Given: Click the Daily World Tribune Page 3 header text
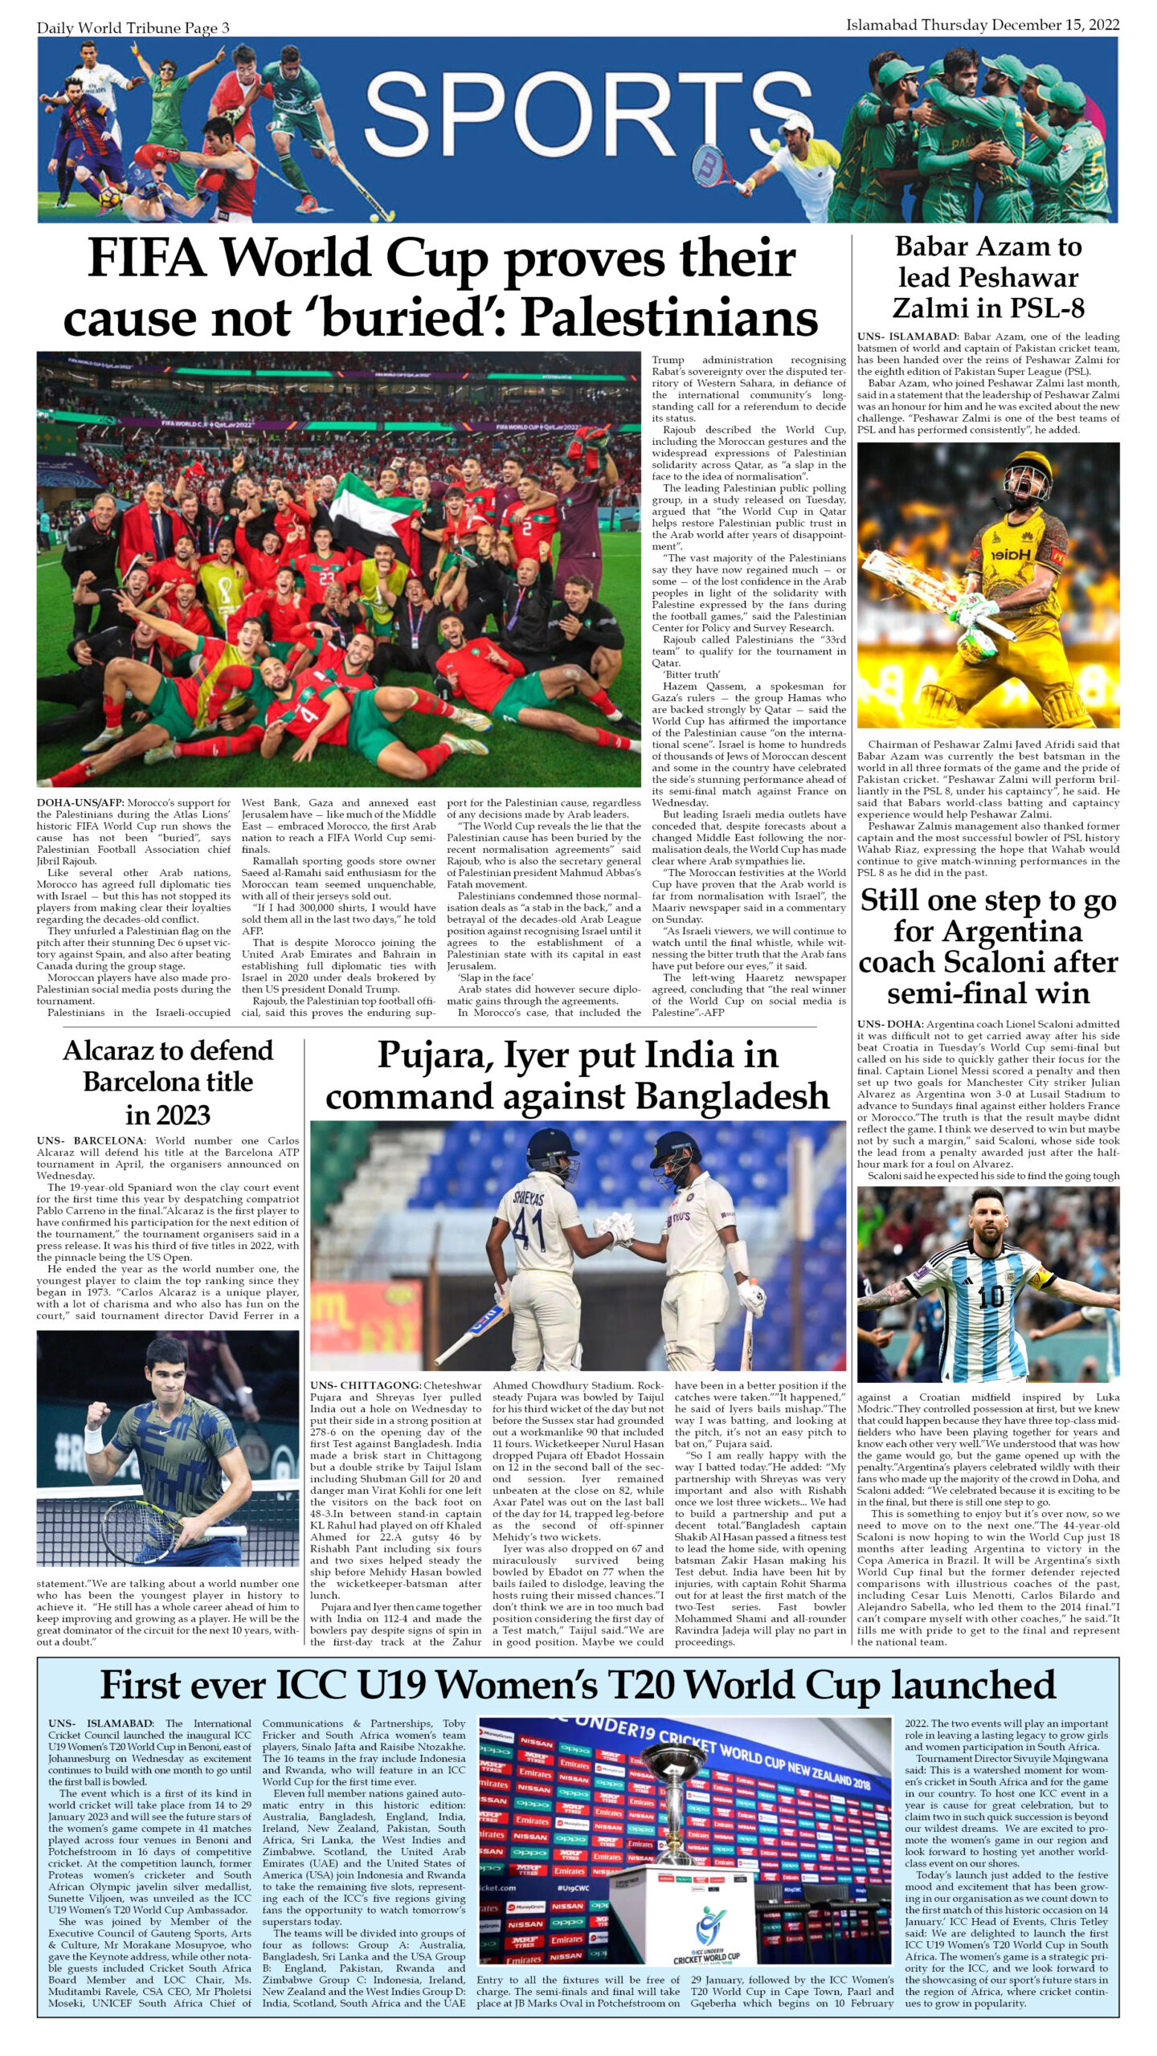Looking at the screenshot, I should (x=133, y=28).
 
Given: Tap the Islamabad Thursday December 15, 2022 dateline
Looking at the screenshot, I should (x=982, y=25).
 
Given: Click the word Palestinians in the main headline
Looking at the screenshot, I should (x=669, y=318).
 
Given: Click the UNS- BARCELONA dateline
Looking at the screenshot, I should (x=90, y=1140).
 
